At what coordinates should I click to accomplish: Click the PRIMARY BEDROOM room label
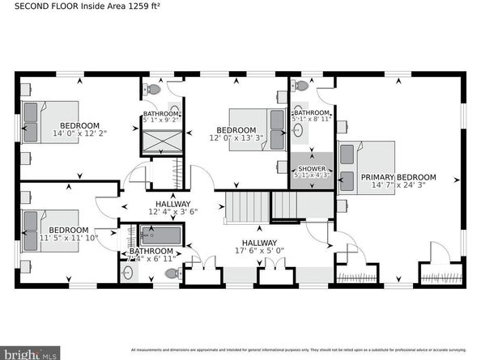pyautogui.click(x=398, y=177)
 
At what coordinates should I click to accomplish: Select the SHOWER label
pyautogui.click(x=311, y=168)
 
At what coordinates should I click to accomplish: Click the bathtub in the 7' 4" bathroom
pyautogui.click(x=161, y=236)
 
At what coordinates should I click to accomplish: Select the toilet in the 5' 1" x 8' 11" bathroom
pyautogui.click(x=301, y=85)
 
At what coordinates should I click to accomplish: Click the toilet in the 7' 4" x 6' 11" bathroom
pyautogui.click(x=171, y=274)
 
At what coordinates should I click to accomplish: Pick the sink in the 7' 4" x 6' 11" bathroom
pyautogui.click(x=128, y=273)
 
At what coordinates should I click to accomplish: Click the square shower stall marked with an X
pyautogui.click(x=162, y=141)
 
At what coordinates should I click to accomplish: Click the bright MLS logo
pyautogui.click(x=30, y=354)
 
